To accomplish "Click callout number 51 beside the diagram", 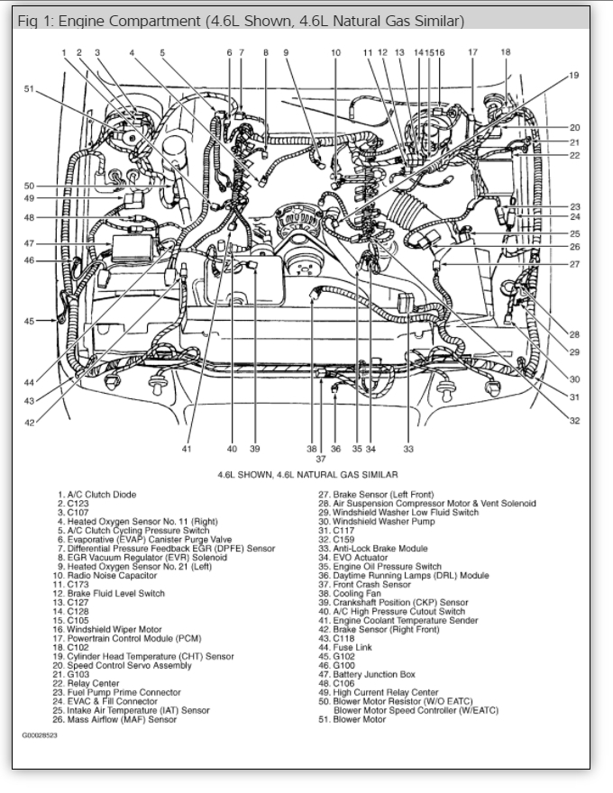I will pos(29,88).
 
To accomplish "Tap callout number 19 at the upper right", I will pos(574,75).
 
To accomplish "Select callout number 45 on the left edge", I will pos(29,321).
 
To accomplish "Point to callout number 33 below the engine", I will pos(407,448).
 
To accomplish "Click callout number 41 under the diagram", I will pos(187,448).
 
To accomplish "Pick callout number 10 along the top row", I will pos(335,53).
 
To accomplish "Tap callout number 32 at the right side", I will pos(574,420).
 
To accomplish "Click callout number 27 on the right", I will pos(574,264).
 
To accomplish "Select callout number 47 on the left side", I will pos(29,243).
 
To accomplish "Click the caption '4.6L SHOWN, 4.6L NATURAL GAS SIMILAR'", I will pos(307,474).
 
